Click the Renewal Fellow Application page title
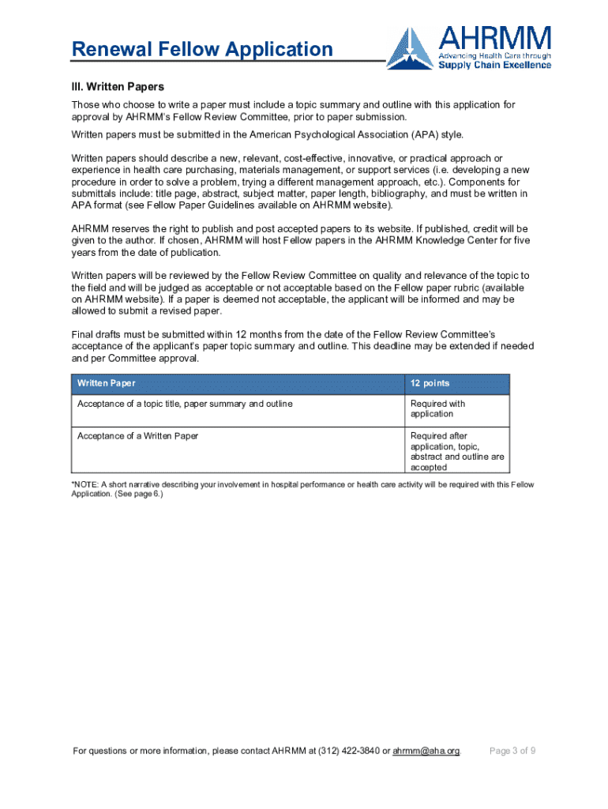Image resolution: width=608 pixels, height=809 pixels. [202, 50]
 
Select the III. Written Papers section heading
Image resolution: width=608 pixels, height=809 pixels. [118, 86]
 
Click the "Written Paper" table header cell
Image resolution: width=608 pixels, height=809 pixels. [106, 383]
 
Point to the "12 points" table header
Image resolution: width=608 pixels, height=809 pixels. [430, 383]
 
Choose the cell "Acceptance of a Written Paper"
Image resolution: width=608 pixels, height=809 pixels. [137, 435]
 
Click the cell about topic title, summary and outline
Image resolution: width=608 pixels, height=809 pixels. [185, 404]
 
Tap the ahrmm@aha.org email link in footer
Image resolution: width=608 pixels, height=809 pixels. [426, 751]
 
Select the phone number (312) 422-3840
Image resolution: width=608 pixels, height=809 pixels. [349, 751]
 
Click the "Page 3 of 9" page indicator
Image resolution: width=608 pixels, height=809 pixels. [513, 751]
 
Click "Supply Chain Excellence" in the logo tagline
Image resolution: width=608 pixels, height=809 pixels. [495, 65]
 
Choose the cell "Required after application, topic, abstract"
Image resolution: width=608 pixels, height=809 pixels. [457, 451]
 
